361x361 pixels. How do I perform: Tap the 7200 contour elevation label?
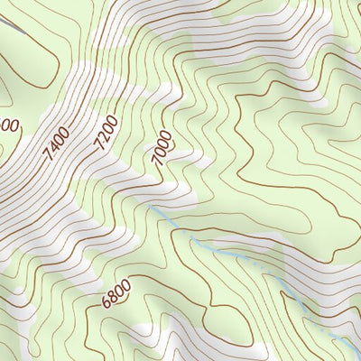(x=106, y=133)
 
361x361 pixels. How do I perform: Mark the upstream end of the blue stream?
(x=148, y=207)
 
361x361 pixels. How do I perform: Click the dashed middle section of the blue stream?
(x=226, y=251)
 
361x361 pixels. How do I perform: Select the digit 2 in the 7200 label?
(x=103, y=138)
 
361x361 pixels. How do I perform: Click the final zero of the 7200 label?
(x=113, y=120)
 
